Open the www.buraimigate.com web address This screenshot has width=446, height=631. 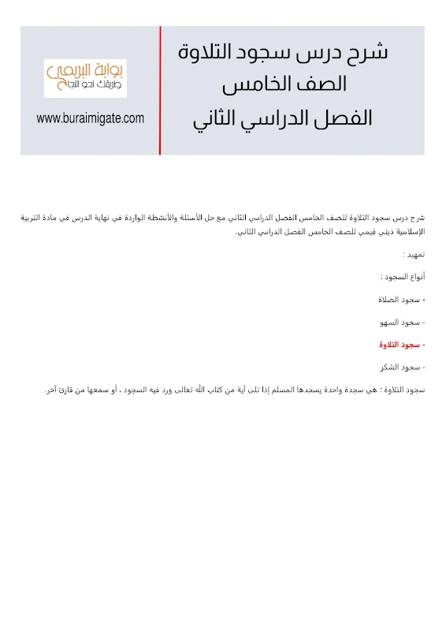tap(91, 118)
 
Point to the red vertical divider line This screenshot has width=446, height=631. tap(160, 90)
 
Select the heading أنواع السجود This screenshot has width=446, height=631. tap(402, 277)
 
